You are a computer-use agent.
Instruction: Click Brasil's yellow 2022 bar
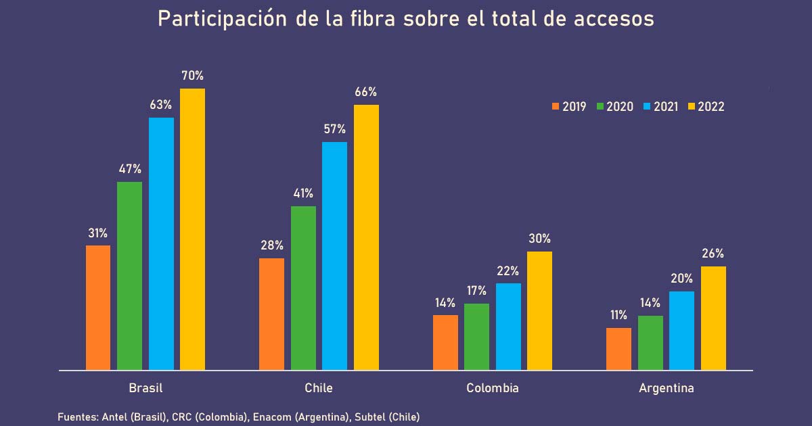click(x=192, y=230)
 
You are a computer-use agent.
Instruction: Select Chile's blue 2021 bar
click(x=334, y=256)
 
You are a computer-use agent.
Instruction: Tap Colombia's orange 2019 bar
click(x=445, y=343)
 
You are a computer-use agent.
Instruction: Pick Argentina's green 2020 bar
click(x=650, y=343)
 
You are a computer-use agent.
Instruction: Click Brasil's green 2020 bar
click(x=129, y=276)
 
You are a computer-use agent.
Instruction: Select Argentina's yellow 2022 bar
click(x=713, y=318)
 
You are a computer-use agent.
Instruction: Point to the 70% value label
click(x=192, y=76)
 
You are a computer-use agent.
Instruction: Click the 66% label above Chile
click(x=366, y=92)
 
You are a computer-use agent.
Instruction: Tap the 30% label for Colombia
click(x=539, y=239)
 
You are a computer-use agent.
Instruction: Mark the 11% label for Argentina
click(x=618, y=315)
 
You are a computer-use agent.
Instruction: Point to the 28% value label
click(x=272, y=245)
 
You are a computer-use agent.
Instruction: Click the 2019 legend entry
click(x=569, y=106)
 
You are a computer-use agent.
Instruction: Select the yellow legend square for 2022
click(x=691, y=106)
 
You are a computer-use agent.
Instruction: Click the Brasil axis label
click(x=145, y=389)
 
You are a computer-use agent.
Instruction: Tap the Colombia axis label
click(x=493, y=389)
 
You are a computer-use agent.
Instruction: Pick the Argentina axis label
click(x=666, y=389)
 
